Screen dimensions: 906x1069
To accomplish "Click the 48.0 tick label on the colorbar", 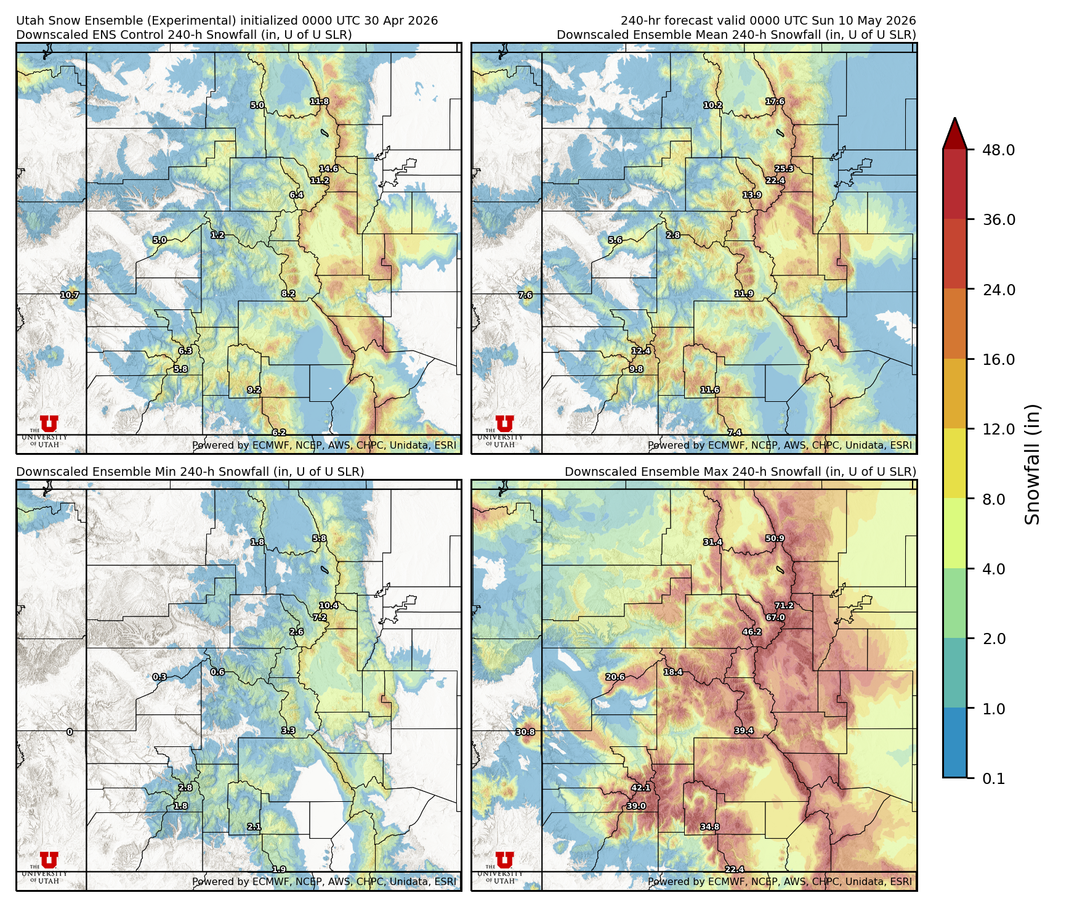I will pos(998,150).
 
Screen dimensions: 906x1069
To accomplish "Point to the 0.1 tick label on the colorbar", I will pos(993,778).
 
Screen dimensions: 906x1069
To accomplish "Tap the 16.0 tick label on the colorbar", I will pos(998,359).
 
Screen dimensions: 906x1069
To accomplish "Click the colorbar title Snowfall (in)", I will pos(1033,464).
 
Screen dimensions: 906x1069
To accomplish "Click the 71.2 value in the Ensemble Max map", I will pos(784,605).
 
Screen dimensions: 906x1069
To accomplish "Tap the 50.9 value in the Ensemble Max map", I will pos(775,538).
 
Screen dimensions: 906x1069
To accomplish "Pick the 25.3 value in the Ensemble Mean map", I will pos(784,168).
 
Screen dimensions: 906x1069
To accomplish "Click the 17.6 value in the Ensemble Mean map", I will pos(775,101).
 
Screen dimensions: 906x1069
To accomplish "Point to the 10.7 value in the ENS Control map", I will pos(70,295).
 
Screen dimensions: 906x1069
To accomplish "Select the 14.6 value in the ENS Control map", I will pos(328,168).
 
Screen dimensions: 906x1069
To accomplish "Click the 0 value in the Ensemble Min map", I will pos(70,732).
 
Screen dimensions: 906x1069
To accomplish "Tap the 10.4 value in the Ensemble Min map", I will pos(328,605).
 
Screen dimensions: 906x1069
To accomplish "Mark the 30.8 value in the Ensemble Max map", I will pos(525,732).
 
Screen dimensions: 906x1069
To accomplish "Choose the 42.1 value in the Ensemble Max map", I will pos(640,788).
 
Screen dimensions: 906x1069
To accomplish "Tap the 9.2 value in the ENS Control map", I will pos(254,390).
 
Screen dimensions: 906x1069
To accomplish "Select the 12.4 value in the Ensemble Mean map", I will pos(640,351).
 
